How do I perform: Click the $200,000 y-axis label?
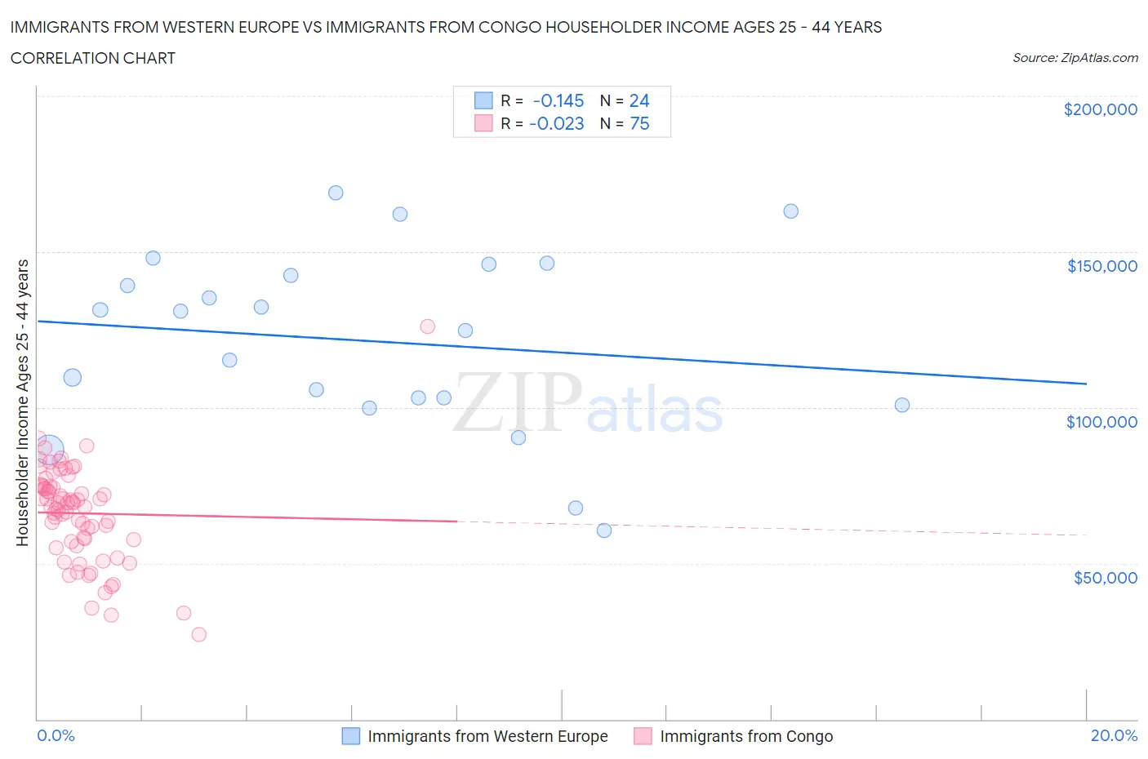point(1100,109)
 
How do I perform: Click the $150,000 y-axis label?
point(1101,266)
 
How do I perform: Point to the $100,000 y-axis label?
point(1101,422)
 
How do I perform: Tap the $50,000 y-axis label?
point(1105,578)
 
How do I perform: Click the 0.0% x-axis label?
point(56,735)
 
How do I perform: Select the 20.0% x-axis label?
point(1114,735)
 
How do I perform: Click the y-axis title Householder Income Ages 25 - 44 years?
point(22,402)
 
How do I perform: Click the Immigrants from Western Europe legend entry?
point(487,736)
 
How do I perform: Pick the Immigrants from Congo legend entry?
point(746,736)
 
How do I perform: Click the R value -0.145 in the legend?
point(558,100)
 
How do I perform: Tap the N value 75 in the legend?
point(639,123)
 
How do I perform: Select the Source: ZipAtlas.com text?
point(1075,58)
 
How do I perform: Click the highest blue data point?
point(336,193)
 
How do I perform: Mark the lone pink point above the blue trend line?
point(427,326)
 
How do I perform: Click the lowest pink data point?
point(198,634)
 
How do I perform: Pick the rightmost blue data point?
point(902,405)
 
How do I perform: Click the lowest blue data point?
point(604,530)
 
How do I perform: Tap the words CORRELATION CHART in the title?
point(93,58)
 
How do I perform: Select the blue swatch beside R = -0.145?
point(483,100)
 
